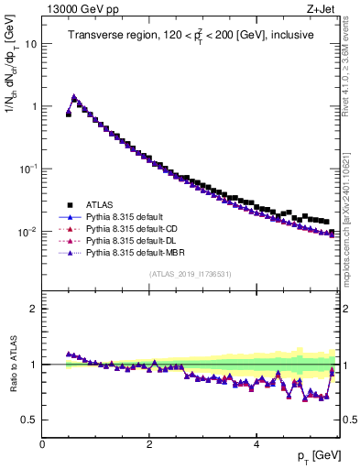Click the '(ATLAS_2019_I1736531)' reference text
[190, 274]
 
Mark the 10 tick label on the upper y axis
[31, 43]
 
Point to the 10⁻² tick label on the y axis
[28, 232]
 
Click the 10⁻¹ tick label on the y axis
[28, 169]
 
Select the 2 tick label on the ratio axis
[34, 309]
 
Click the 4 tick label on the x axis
[256, 443]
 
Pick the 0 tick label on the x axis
[42, 443]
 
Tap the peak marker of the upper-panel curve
[74, 96]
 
